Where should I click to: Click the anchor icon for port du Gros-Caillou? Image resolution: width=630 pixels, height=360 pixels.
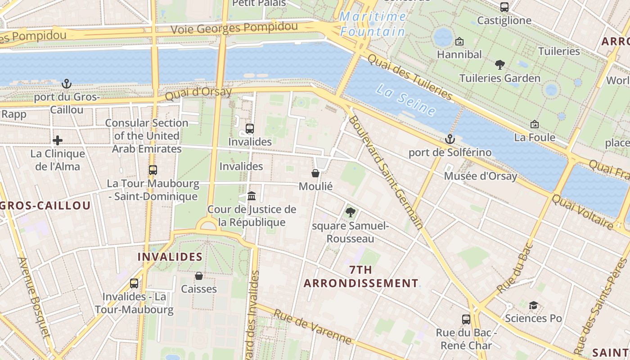pos(67,84)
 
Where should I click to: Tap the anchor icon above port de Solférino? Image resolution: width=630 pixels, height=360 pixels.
pos(450,139)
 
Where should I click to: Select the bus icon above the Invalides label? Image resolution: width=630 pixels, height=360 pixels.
pos(250,129)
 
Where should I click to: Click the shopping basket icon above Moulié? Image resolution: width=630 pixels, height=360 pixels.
pos(315,173)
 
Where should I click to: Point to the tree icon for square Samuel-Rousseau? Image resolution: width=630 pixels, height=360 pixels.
pos(351,212)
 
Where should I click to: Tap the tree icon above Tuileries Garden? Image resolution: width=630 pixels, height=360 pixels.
pos(499,65)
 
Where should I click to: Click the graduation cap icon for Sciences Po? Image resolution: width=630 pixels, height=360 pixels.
pos(533,306)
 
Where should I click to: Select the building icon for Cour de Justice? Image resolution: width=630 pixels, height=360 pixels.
pos(252,196)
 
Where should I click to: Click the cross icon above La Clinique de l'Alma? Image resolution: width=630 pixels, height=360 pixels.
pos(57,140)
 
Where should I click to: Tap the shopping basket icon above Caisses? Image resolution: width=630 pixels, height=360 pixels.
pos(199,275)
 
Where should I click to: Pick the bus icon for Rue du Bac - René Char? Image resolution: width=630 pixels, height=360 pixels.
pos(466,319)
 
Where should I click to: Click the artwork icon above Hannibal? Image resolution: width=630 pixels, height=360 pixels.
pos(459,41)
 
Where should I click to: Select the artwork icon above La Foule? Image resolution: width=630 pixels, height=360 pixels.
pos(535,124)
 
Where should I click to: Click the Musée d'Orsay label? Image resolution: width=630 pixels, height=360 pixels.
pos(481,176)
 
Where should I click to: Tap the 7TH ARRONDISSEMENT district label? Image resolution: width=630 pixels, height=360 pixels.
pos(361,276)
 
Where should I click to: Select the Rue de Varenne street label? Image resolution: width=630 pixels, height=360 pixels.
pos(312,327)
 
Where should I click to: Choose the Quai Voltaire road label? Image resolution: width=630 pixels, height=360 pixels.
pos(582,211)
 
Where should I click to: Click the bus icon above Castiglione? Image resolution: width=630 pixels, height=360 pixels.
pos(504,7)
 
